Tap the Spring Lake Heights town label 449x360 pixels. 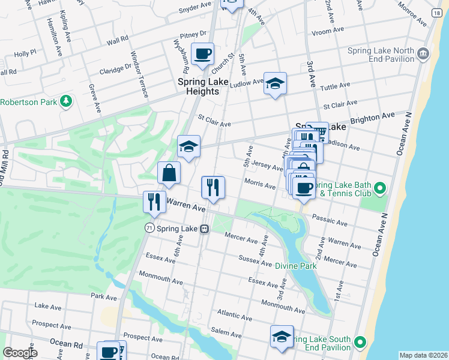(198, 86)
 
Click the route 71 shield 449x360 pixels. (149, 229)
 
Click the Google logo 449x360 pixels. (20, 353)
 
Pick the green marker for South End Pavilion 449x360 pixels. (360, 343)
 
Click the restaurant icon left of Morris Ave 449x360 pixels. (213, 187)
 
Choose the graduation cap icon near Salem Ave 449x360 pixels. (281, 337)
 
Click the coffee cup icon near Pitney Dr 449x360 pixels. (202, 53)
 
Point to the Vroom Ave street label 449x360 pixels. (328, 29)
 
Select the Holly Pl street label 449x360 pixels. (25, 53)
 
